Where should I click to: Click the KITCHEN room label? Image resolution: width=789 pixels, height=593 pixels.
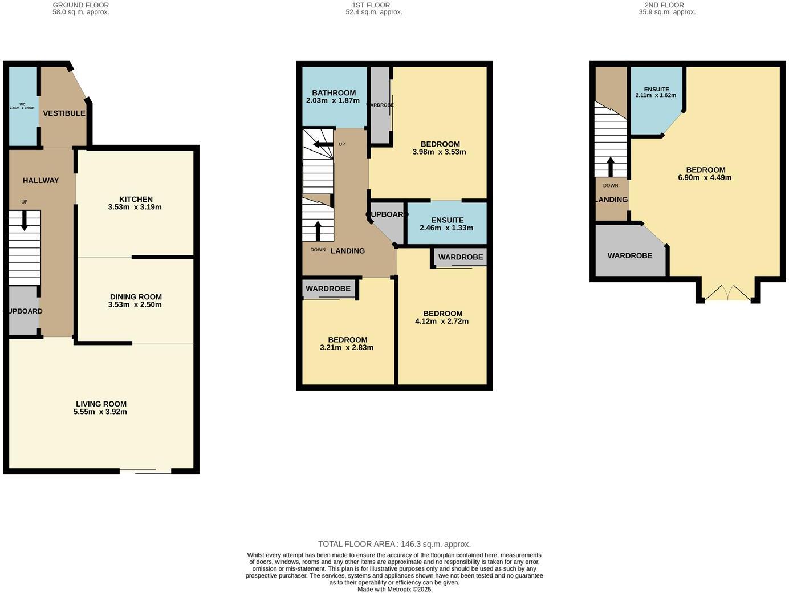pos(136,199)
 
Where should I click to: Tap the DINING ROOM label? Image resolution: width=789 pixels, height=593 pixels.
pos(136,296)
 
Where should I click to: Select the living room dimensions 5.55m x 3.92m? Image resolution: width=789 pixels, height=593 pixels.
pos(100,412)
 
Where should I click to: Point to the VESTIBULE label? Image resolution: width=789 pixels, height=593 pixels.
pos(64,113)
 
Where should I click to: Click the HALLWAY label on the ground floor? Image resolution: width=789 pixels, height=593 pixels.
pos(40,180)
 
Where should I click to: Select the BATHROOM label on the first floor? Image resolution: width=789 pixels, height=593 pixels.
pos(334,92)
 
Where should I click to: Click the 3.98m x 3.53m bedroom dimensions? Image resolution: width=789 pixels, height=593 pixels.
pos(439,152)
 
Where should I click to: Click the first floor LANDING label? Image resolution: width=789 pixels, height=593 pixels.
pos(347,251)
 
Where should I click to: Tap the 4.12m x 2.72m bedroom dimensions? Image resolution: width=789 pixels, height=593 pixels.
pos(442,322)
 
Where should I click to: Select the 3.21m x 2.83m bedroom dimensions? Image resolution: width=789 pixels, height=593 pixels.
pos(347,348)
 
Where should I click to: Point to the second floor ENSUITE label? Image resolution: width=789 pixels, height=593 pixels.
pos(656,89)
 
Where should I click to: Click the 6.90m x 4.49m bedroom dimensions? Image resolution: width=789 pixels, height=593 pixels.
pos(705,178)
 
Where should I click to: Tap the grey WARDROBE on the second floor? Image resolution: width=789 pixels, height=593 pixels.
pos(629,255)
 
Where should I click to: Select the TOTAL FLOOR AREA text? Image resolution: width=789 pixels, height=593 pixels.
pos(394,544)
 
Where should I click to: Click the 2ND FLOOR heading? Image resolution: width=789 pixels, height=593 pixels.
pos(667,5)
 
